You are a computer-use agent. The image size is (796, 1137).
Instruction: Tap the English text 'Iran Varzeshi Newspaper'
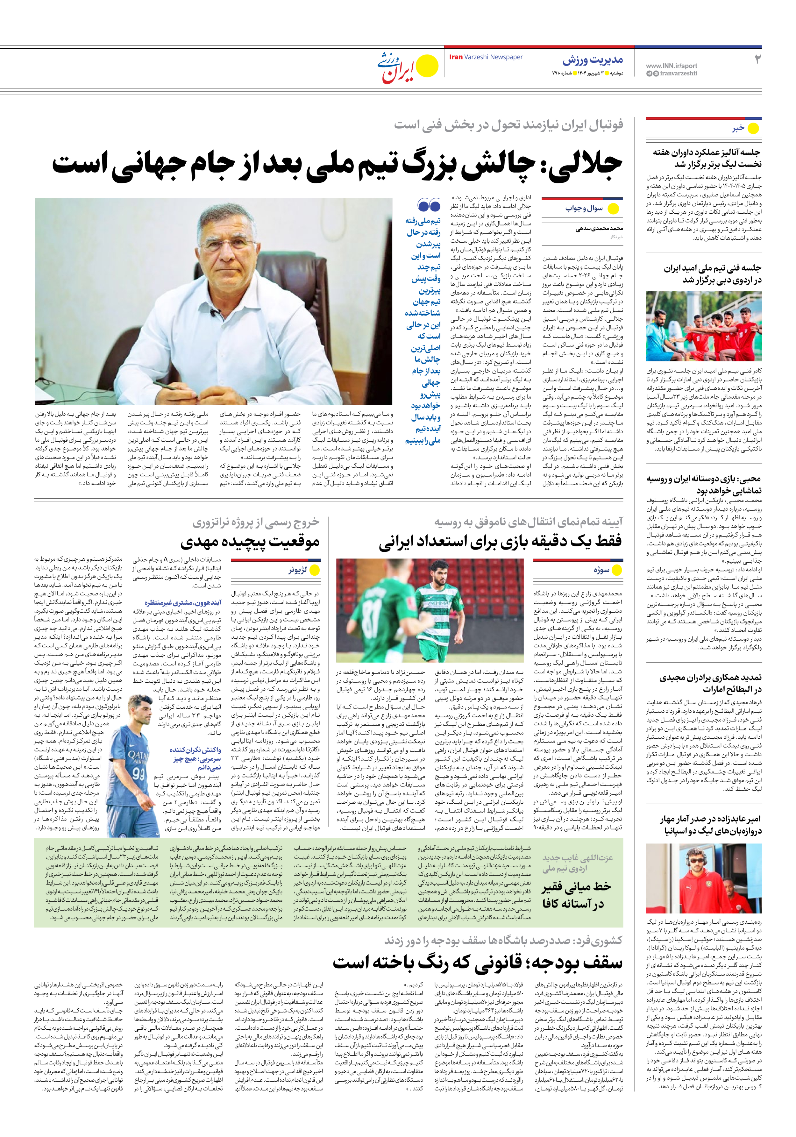click(486, 57)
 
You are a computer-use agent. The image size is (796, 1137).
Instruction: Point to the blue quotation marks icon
click(429, 204)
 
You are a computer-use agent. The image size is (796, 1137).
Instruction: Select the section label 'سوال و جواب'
click(585, 209)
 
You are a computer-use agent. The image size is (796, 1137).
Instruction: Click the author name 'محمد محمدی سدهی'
click(599, 229)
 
